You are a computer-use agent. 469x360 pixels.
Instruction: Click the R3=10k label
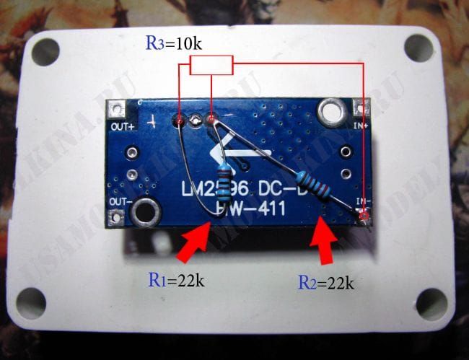[173, 43]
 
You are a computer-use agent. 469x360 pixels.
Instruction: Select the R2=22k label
[326, 282]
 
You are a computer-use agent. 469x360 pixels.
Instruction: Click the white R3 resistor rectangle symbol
[211, 66]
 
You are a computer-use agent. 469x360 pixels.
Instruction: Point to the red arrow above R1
[196, 241]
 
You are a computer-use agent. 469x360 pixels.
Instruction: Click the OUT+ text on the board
[122, 127]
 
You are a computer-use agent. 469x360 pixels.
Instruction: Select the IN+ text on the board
[360, 125]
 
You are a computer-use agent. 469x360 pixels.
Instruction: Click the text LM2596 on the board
[206, 191]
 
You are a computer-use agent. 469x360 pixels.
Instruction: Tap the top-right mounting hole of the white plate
[419, 48]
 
